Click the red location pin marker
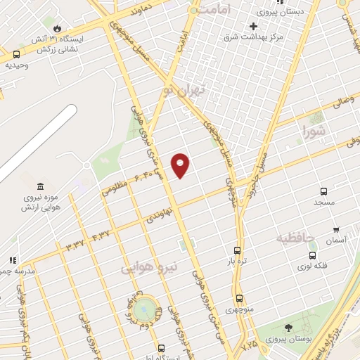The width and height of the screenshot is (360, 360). [x=181, y=165]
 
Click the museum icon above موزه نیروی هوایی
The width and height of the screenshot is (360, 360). [x=40, y=187]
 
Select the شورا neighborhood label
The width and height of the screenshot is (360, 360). [x=314, y=130]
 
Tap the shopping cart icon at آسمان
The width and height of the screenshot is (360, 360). [x=336, y=229]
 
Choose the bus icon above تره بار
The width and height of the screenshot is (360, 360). [x=237, y=250]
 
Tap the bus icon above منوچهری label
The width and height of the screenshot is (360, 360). [x=239, y=298]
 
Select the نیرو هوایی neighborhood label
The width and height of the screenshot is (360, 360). [x=149, y=268]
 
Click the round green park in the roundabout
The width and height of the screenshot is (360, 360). [x=145, y=307]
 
